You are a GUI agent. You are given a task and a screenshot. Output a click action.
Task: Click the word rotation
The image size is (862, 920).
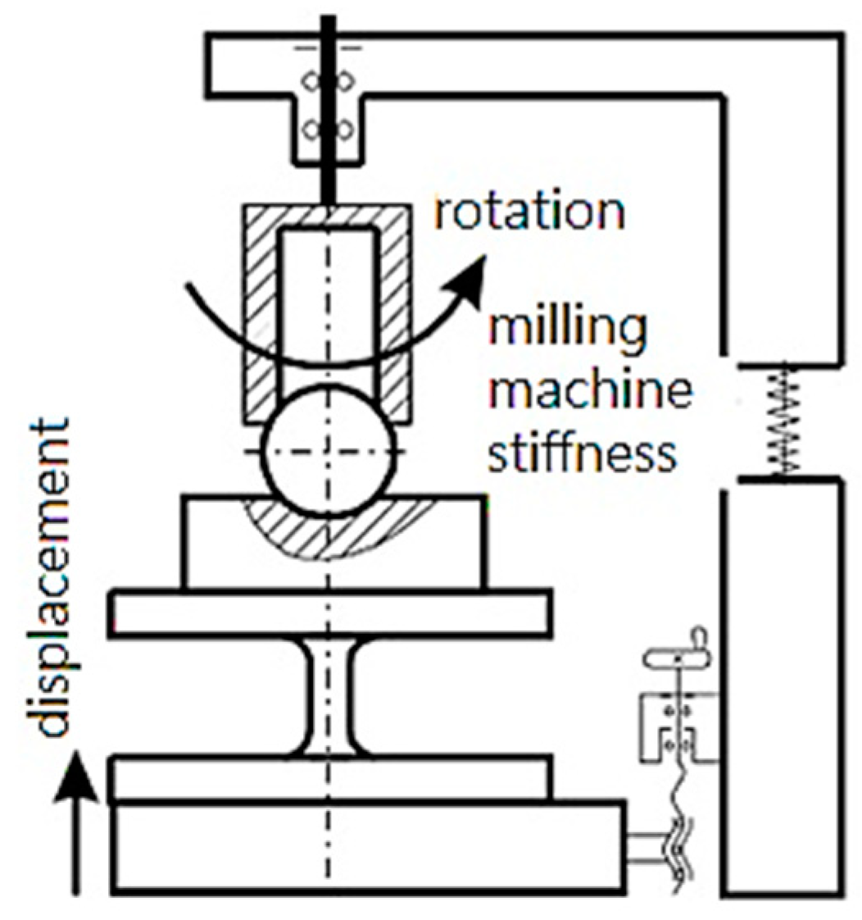pos(529,212)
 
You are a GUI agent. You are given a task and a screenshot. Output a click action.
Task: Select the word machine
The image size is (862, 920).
pos(589,397)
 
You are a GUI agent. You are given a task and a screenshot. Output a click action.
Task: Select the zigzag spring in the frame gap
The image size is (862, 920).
pos(783,420)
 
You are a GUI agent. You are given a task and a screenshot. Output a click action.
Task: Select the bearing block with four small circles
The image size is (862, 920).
pos(328,107)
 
